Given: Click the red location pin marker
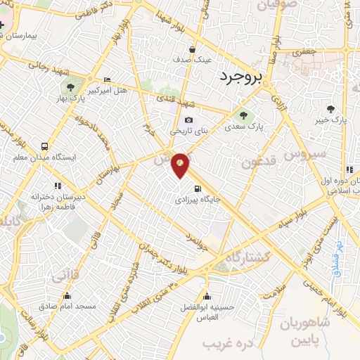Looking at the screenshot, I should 181,165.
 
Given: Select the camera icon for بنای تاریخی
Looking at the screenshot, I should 188,120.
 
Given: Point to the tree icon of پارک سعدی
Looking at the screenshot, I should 243,115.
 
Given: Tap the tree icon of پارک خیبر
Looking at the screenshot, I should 330,109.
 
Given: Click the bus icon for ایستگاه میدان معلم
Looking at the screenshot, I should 45,147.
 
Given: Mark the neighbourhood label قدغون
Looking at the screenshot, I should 260,162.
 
